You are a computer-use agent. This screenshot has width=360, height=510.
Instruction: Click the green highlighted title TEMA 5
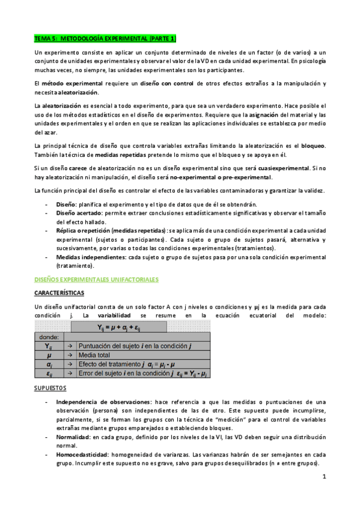105,38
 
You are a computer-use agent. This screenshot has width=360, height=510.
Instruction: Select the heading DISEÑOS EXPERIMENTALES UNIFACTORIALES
97,280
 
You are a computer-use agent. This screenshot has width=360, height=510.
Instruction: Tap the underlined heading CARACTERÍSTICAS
59,293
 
